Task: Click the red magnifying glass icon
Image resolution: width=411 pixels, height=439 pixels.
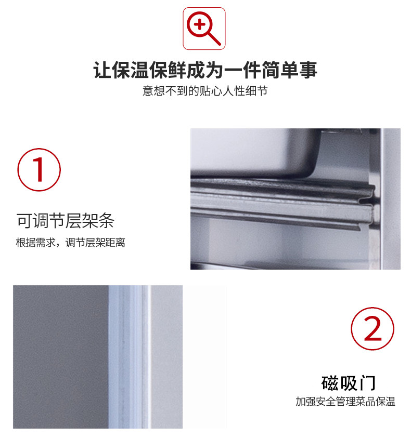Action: tap(204, 29)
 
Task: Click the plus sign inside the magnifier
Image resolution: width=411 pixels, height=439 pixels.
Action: tap(199, 24)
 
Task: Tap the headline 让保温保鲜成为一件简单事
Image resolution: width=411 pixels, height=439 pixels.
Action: tap(205, 70)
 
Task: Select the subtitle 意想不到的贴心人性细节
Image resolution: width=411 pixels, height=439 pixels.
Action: tap(205, 91)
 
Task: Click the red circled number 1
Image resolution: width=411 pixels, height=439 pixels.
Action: tap(40, 170)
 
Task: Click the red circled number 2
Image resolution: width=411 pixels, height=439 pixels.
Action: tap(373, 329)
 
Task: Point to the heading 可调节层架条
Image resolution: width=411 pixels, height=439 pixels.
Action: tap(65, 221)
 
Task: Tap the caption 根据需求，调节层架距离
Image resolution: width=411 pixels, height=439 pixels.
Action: tap(70, 243)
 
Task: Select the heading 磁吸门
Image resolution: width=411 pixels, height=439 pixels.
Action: tap(348, 383)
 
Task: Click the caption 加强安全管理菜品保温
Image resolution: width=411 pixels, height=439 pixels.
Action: tap(345, 402)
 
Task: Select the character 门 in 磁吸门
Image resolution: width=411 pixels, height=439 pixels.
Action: tap(366, 383)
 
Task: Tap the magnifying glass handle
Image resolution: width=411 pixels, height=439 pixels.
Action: tap(214, 38)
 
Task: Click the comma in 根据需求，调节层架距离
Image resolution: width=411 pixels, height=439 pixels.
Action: tap(58, 244)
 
